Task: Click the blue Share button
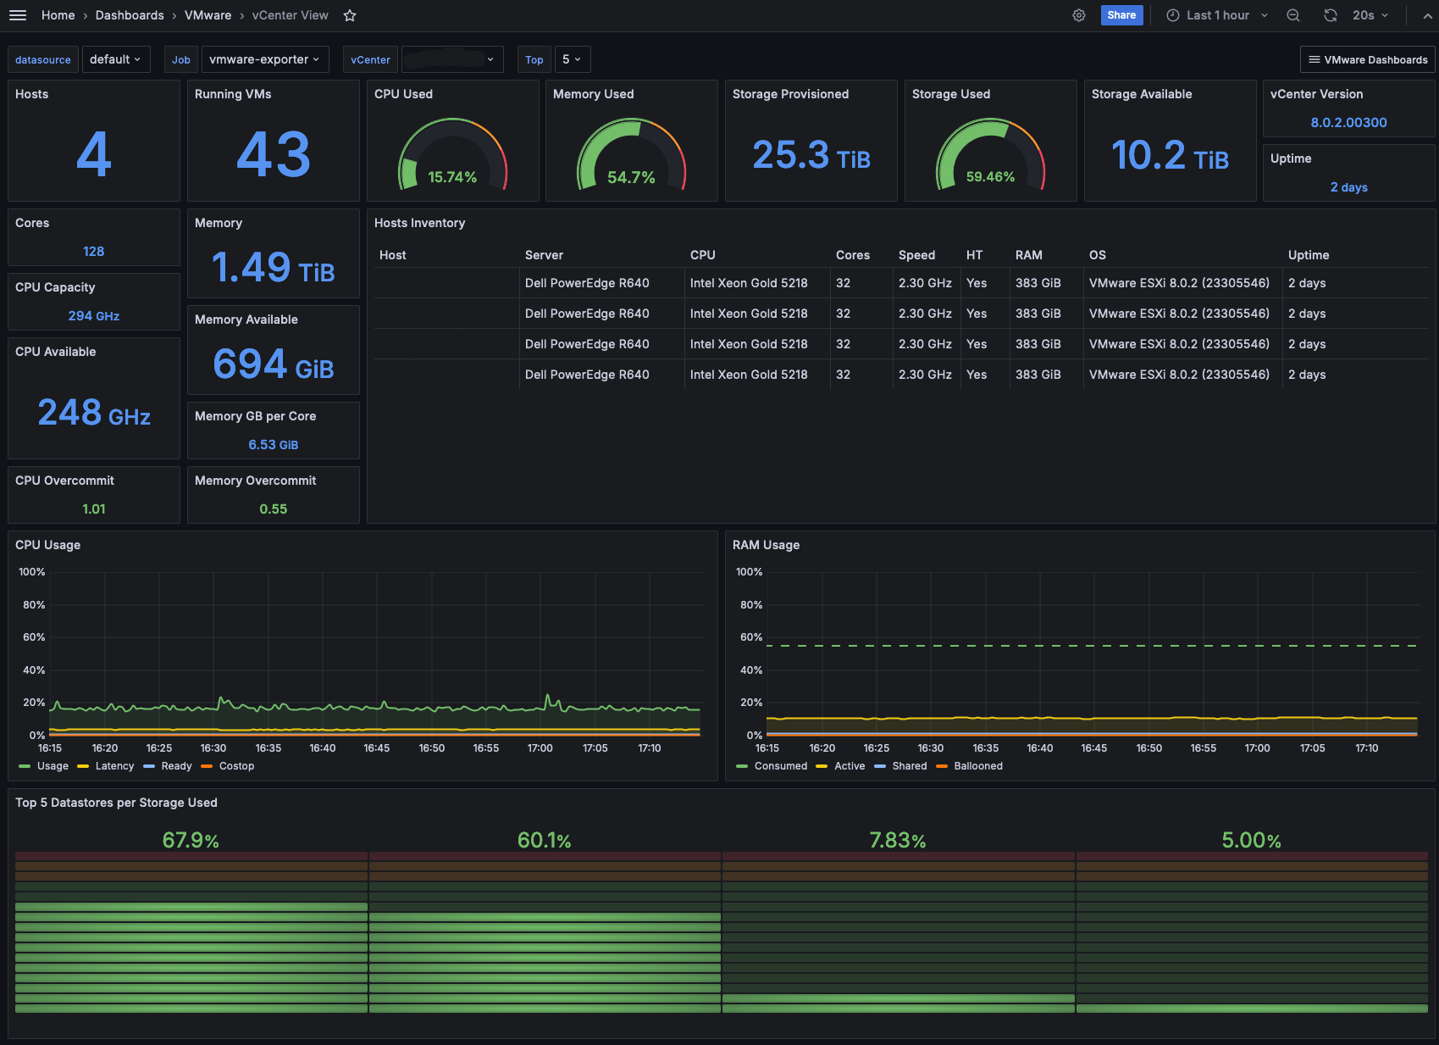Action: [1121, 15]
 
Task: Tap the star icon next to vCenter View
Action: [350, 15]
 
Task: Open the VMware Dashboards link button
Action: [1368, 60]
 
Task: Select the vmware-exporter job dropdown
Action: [264, 59]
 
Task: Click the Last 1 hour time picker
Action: [1217, 15]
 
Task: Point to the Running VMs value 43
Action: [273, 154]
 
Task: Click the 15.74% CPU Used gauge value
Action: [452, 177]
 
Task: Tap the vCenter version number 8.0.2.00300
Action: [1348, 122]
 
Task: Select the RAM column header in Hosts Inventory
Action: [1028, 255]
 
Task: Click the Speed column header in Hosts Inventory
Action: [916, 255]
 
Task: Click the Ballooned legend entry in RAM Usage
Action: [970, 766]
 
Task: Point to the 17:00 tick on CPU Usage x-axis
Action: [540, 748]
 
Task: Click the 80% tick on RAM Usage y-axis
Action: [751, 605]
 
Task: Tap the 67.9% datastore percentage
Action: [191, 840]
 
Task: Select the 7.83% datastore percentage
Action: [898, 840]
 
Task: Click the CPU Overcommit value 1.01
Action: [94, 509]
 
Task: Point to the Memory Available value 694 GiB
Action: [273, 364]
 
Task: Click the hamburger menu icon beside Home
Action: [18, 15]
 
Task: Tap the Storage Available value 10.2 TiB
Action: [1170, 156]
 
